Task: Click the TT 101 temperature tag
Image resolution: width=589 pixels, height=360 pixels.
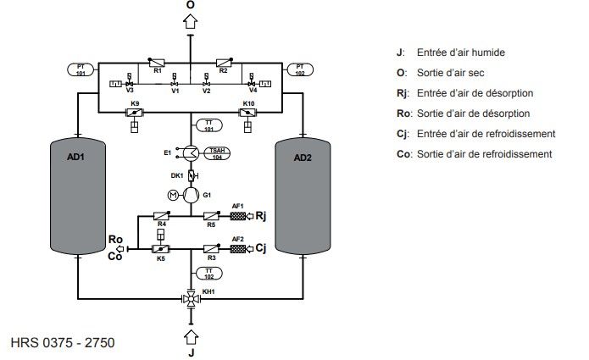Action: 209,127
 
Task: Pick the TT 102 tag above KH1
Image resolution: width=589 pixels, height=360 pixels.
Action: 209,273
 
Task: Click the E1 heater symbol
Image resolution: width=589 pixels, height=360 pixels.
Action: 191,153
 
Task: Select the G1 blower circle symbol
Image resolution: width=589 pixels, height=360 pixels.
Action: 191,196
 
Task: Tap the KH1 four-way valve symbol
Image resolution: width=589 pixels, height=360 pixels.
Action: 190,299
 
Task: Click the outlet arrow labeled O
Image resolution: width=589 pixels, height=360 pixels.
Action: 191,23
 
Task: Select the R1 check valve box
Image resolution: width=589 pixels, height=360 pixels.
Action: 157,62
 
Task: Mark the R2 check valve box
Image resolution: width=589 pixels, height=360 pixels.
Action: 224,62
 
